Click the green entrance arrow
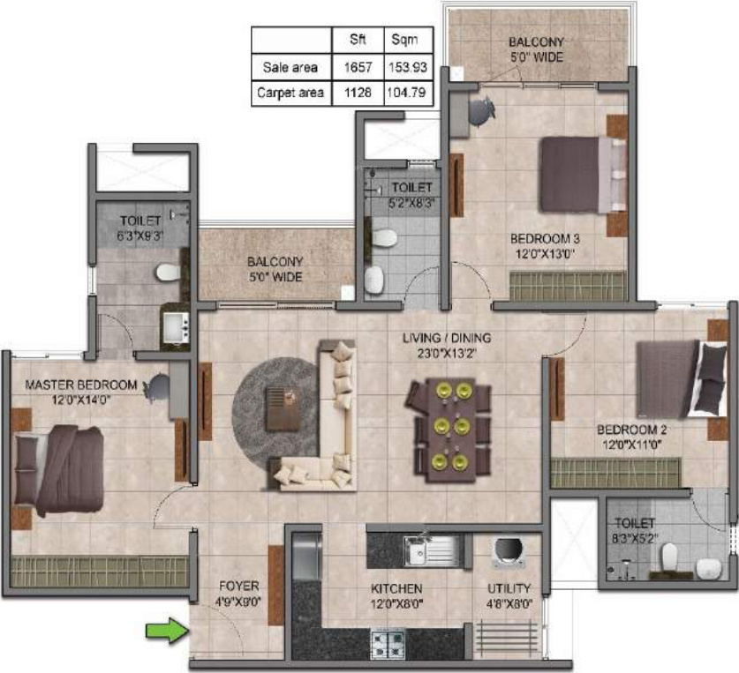[168, 630]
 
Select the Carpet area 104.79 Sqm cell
[407, 92]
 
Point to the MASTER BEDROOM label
[81, 385]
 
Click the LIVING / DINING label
[446, 338]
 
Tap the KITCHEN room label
[396, 588]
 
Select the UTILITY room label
[509, 588]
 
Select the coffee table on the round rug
[283, 408]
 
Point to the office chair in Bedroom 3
[482, 111]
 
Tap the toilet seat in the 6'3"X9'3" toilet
[168, 273]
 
